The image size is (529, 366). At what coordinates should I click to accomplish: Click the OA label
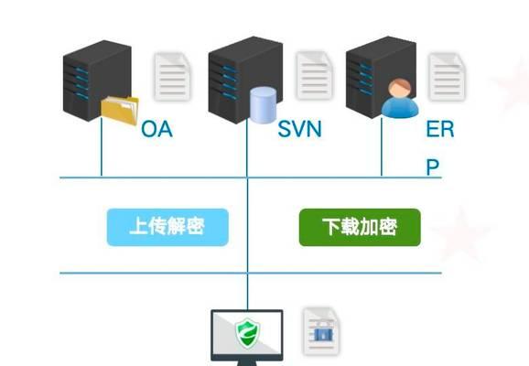[x=157, y=129]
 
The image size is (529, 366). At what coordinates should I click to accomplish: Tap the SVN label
[x=299, y=129]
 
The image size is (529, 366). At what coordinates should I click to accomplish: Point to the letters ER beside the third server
[x=440, y=129]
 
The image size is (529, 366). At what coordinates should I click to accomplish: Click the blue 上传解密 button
[x=167, y=227]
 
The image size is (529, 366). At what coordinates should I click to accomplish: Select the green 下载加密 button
[x=360, y=227]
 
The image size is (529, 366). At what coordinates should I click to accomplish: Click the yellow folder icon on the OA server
[x=120, y=110]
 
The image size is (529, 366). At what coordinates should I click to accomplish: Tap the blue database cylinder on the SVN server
[x=264, y=105]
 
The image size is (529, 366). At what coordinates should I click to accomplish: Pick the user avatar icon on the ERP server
[x=400, y=99]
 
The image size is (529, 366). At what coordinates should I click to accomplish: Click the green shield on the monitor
[x=248, y=333]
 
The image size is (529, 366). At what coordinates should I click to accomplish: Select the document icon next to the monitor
[x=321, y=331]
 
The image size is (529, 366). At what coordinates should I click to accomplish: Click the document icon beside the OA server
[x=172, y=77]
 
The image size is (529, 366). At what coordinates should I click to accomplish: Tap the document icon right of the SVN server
[x=315, y=76]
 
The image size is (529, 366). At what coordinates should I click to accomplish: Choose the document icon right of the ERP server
[x=447, y=77]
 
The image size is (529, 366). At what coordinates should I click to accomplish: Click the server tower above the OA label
[x=97, y=80]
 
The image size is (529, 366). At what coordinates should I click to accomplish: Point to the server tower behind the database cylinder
[x=245, y=80]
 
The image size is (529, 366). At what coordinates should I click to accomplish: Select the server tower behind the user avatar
[x=381, y=77]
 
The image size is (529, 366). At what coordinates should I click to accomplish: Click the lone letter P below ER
[x=433, y=167]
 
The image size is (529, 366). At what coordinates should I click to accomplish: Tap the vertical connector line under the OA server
[x=102, y=147]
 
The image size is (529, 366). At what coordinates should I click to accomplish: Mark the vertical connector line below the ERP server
[x=382, y=147]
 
